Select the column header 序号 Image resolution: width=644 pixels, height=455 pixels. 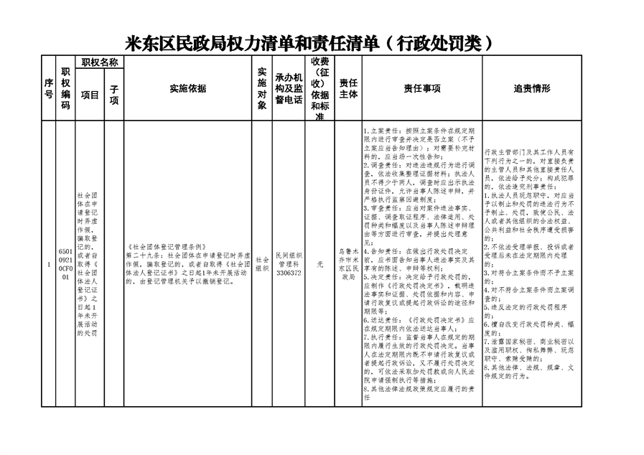[x=49, y=89]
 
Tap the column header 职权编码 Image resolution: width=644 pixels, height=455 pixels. [x=65, y=89]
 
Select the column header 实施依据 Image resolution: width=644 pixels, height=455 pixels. [x=187, y=89]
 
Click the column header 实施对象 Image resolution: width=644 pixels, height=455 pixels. [x=261, y=89]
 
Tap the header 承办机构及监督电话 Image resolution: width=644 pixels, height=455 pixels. [x=289, y=89]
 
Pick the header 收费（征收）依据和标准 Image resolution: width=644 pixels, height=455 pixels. [x=320, y=89]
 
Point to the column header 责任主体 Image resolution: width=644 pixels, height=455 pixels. [x=348, y=89]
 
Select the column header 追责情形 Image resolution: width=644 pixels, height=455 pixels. [x=532, y=89]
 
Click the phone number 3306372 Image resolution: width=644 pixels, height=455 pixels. [x=289, y=272]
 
